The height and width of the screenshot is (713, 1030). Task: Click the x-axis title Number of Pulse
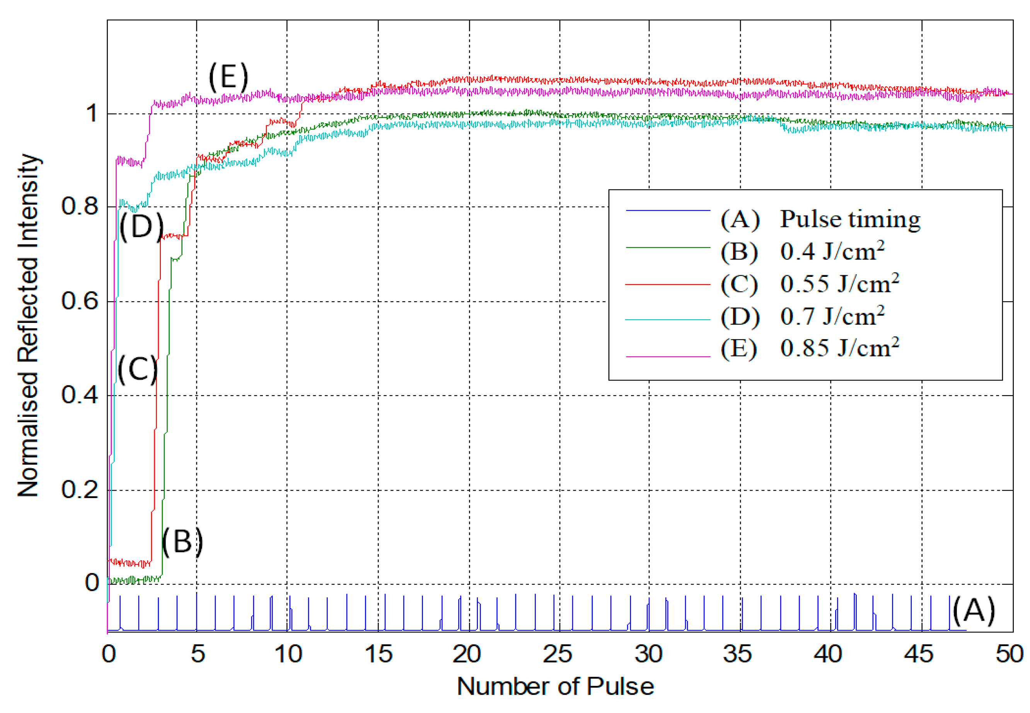(555, 687)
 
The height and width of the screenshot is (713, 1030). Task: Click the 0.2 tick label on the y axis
(80, 489)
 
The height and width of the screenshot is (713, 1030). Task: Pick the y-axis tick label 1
(92, 113)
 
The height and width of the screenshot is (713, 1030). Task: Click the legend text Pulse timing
(849, 219)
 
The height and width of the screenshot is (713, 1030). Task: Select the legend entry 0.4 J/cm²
(832, 251)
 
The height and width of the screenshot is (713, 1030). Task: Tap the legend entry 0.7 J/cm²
(832, 316)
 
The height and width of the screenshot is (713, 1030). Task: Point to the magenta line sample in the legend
(668, 356)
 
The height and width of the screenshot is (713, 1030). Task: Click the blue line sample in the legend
(668, 210)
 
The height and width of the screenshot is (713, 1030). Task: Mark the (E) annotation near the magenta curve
(228, 77)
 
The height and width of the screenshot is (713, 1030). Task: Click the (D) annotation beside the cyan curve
(141, 227)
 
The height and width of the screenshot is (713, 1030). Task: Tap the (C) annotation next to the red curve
(137, 370)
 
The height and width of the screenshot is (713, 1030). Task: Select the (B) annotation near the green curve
(182, 541)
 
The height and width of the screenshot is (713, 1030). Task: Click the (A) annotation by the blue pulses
(973, 611)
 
